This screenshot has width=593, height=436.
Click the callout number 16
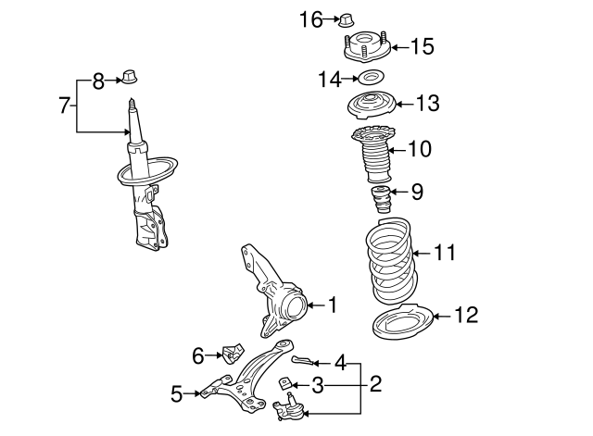(x=311, y=19)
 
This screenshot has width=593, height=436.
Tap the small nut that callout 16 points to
(x=346, y=20)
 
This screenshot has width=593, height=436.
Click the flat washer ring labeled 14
(x=372, y=78)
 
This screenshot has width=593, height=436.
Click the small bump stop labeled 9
(x=380, y=199)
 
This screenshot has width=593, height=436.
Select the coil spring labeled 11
(x=392, y=261)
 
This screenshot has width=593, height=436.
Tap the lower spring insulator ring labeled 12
(x=402, y=321)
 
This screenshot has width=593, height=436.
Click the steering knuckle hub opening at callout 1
(x=296, y=307)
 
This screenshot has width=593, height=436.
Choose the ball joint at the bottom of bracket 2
(x=289, y=406)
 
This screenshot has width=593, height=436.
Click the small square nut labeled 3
(x=284, y=383)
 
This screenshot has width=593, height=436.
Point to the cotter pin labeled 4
(x=302, y=361)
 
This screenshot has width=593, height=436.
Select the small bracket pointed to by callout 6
(x=233, y=353)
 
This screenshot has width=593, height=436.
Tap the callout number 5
(x=177, y=394)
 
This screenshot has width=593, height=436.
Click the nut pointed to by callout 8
(x=130, y=77)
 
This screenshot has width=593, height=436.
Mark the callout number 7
(x=64, y=105)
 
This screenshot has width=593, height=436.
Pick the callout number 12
(x=466, y=315)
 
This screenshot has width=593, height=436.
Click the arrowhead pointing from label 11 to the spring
(x=415, y=253)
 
